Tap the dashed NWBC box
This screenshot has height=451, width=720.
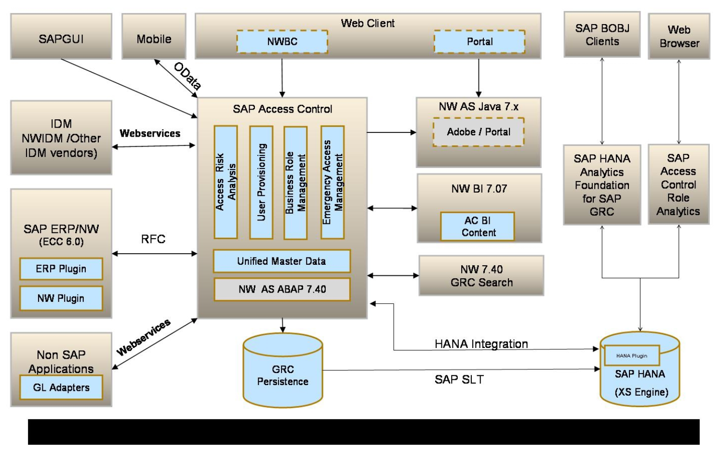282,42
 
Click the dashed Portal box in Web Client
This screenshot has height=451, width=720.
479,42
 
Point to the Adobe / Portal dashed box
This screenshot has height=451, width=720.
478,132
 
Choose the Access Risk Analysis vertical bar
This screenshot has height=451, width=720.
226,182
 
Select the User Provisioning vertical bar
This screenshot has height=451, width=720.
261,182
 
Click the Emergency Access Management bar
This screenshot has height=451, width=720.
333,182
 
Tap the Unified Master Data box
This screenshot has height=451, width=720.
281,261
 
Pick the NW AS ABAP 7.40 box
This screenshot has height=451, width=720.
282,289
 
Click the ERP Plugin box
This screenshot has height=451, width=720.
61,269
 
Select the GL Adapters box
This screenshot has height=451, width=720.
61,387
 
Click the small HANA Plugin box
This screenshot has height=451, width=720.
631,356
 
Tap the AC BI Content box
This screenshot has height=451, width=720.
477,227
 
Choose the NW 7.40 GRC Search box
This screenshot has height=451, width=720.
481,276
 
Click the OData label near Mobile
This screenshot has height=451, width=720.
187,76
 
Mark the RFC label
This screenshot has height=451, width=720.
153,239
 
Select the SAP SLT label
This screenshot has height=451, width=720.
459,380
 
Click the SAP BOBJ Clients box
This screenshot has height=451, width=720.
602,35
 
